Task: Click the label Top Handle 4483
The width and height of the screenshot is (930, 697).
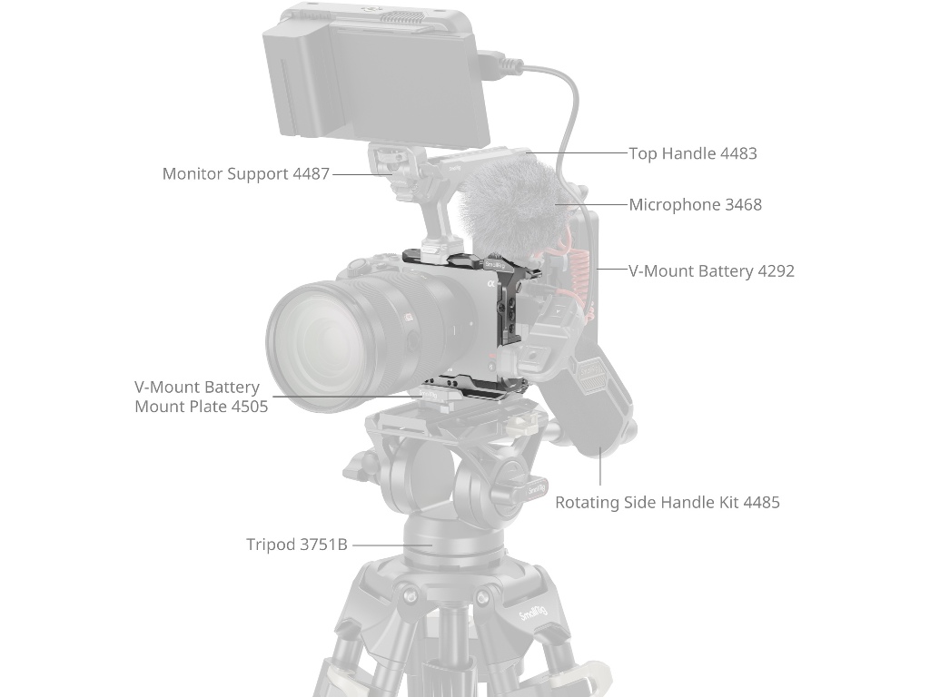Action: click(693, 153)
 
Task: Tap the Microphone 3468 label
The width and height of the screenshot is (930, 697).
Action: click(695, 205)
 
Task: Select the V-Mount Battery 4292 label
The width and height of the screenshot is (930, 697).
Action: click(711, 270)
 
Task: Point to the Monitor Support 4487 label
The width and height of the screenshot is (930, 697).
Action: click(245, 173)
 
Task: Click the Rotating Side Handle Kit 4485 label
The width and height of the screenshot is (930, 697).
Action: click(668, 503)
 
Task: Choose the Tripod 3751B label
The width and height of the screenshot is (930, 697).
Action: click(297, 545)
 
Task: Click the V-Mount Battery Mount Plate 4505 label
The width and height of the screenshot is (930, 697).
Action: click(201, 397)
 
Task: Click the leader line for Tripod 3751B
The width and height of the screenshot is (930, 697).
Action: click(392, 545)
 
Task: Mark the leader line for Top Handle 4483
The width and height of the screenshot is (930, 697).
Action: click(577, 152)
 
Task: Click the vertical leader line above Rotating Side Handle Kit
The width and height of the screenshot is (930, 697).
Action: click(600, 467)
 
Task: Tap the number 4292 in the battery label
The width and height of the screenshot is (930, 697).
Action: click(776, 270)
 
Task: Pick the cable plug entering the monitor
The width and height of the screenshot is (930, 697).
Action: click(496, 65)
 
